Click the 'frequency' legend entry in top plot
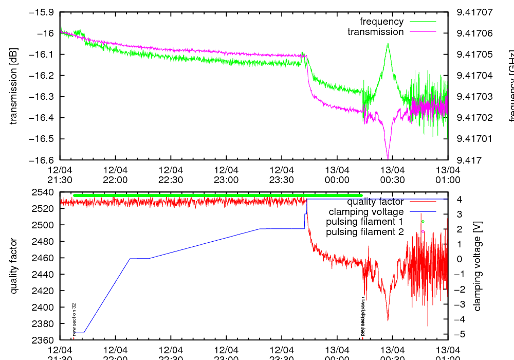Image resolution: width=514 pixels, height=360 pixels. [381, 22]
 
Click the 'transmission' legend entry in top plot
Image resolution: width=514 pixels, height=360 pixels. [375, 32]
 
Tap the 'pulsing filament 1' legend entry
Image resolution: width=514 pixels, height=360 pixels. [364, 222]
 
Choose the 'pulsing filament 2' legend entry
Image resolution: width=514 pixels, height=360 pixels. [364, 231]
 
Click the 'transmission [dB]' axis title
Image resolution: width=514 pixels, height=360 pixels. [14, 86]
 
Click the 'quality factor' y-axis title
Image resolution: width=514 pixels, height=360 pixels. [14, 266]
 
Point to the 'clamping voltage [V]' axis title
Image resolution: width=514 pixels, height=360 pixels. [477, 269]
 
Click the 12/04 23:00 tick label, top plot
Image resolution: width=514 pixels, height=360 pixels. [226, 174]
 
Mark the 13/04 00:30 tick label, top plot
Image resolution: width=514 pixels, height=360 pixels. [393, 174]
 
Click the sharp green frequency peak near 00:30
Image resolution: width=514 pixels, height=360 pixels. [388, 44]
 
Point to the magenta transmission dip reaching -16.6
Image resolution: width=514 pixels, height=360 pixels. [388, 156]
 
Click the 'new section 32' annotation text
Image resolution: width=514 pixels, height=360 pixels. [74, 319]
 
